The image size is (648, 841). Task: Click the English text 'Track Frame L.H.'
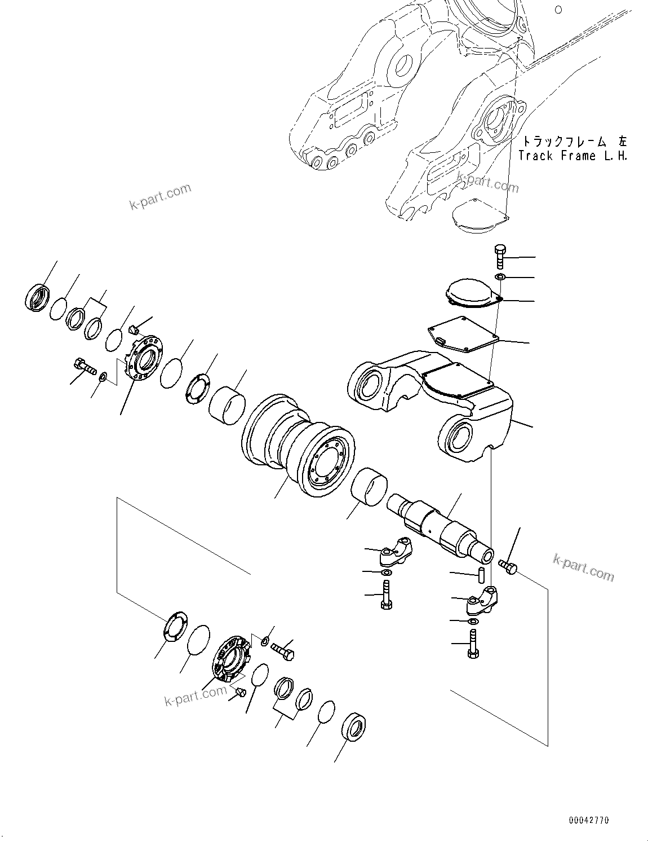[x=572, y=156]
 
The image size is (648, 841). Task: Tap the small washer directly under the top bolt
[x=500, y=276]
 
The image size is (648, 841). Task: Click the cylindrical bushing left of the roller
[x=228, y=404]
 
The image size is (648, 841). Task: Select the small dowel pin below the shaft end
[x=482, y=575]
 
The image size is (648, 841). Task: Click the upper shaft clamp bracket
[x=396, y=551]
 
